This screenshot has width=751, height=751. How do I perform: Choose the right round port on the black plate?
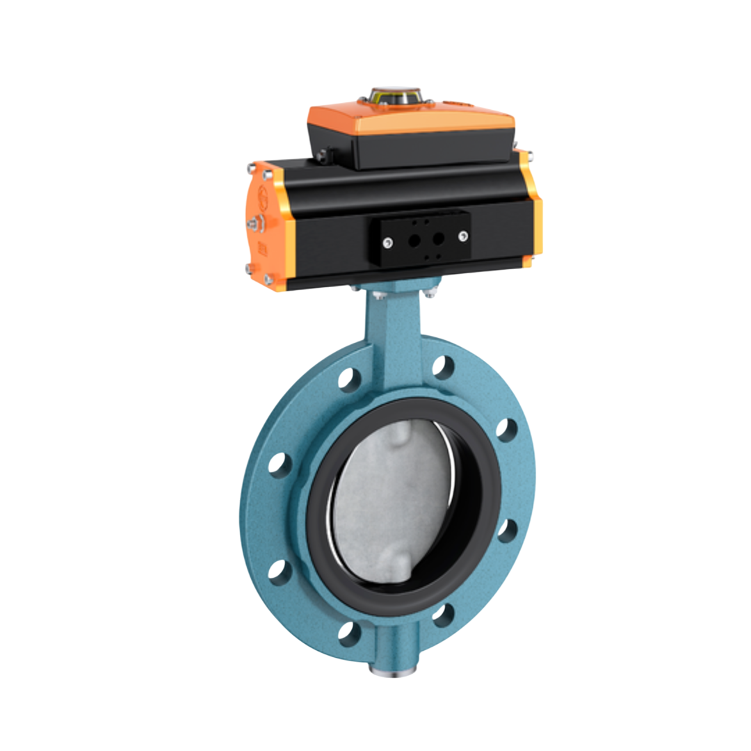point(438,238)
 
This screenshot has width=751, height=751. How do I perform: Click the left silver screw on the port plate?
point(388,242)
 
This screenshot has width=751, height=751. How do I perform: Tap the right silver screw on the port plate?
point(462,236)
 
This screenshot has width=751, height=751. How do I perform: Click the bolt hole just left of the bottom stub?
point(350,633)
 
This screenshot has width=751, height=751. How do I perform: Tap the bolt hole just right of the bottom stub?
point(443,615)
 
